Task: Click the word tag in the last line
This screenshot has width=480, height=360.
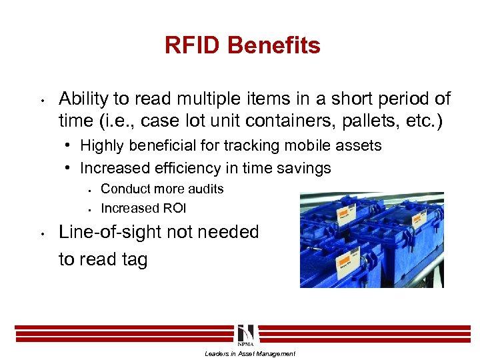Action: pyautogui.click(x=132, y=259)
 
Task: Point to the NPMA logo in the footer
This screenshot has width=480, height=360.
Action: pyautogui.click(x=244, y=335)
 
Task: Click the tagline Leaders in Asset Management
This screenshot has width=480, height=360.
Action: pyautogui.click(x=249, y=353)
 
